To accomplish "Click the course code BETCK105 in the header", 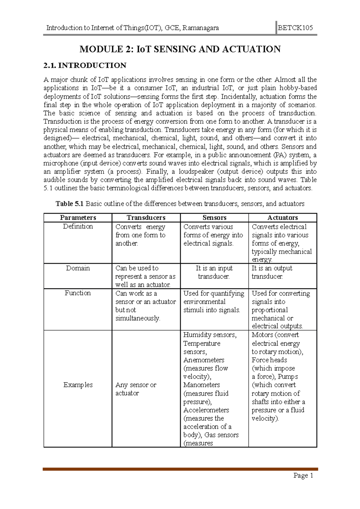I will point(296,28).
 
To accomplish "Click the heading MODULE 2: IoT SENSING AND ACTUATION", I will point(180,49).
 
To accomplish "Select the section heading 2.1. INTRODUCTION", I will point(85,65).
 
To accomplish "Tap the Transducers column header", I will point(146,218).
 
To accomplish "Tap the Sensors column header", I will point(214,218).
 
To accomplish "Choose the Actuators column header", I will point(282,218).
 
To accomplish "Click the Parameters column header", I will point(78,218).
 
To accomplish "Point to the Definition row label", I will point(78,226).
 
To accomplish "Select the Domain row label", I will point(78,268).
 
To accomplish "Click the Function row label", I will point(78,293).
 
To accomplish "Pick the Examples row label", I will point(78,385).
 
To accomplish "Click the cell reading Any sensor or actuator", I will point(136,389).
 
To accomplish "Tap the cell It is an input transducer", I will point(214,272).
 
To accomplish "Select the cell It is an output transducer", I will point(271,272).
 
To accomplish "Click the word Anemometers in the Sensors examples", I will point(204,360).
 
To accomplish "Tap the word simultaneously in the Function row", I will point(138,318).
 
